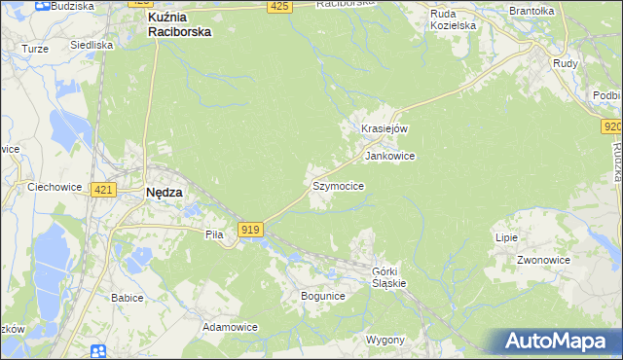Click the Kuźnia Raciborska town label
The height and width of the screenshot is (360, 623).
178,24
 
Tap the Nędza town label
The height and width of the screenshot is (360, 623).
164,193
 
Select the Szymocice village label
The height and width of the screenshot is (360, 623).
338,185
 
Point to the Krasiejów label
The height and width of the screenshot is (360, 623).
384,128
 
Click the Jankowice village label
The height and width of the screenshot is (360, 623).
389,156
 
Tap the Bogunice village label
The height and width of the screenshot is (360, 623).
322,296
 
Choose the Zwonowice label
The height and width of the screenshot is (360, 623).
543,261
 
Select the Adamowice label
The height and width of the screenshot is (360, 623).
230,328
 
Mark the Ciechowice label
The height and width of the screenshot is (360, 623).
54,187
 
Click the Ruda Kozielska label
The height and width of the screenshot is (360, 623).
454,19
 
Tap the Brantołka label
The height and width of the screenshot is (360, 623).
531,11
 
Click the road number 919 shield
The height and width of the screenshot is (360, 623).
250,229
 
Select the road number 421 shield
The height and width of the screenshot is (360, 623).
104,190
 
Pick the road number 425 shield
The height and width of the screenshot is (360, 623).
279,7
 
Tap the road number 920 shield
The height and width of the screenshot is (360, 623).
612,126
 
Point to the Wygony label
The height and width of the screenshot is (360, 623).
385,341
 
